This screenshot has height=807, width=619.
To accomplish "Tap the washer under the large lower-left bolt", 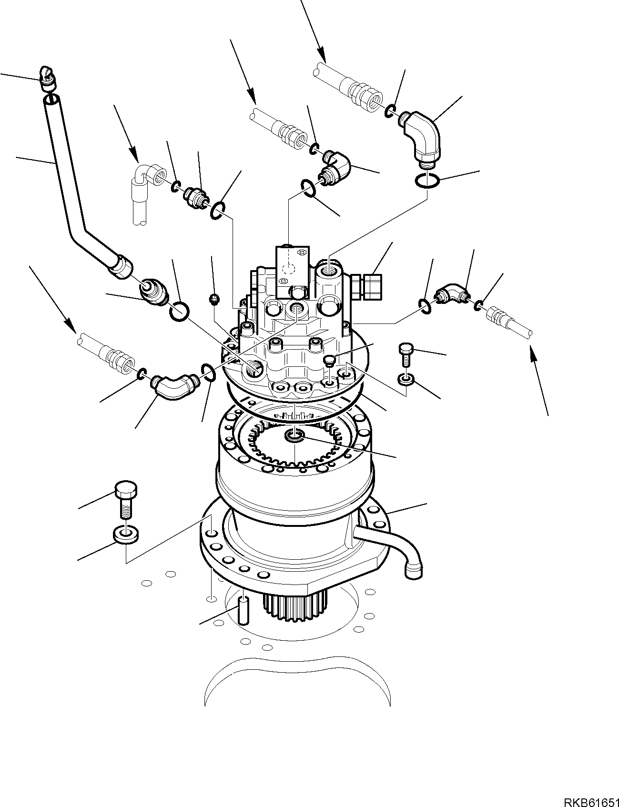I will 126,534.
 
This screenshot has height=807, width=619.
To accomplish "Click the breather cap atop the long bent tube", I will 47,78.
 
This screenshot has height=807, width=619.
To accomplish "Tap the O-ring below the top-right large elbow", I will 427,182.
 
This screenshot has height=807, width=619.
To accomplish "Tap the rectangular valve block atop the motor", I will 292,264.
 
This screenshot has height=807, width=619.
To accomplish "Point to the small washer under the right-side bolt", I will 406,380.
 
